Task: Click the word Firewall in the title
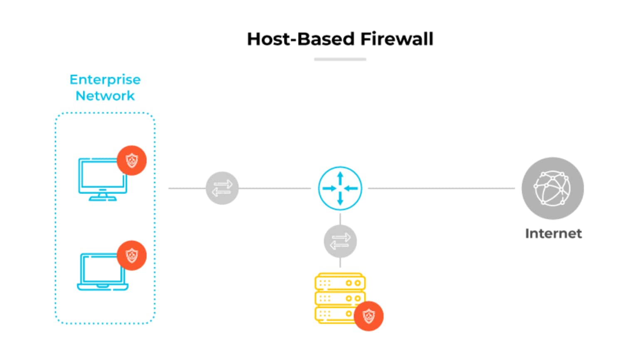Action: click(397, 39)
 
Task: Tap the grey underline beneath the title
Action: click(340, 60)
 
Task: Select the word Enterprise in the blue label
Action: click(105, 79)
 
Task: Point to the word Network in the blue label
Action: click(105, 96)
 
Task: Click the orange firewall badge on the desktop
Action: click(131, 160)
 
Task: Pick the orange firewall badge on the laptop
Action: click(131, 255)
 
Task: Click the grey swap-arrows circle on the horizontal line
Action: click(222, 188)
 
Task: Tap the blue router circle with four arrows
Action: click(340, 188)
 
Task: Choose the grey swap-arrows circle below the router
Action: click(340, 241)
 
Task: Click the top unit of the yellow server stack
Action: click(340, 283)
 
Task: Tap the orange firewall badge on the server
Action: click(368, 316)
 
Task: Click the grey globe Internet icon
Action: click(552, 188)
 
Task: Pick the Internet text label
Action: click(553, 233)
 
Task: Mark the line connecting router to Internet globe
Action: click(441, 188)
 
